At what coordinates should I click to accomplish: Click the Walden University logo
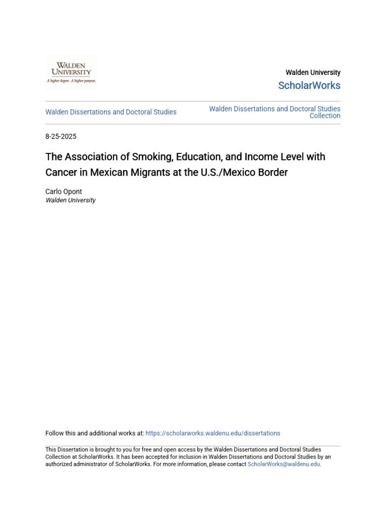(71, 72)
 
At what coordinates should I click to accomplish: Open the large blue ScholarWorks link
(309, 85)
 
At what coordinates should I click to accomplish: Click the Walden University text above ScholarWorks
(313, 72)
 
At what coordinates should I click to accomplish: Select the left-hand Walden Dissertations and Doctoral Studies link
(111, 112)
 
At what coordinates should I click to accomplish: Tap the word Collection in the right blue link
(325, 116)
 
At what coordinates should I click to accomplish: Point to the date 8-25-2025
(61, 137)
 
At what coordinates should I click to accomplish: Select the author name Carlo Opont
(64, 192)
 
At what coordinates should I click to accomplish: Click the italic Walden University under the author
(70, 200)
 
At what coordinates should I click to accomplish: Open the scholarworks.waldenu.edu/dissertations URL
(213, 433)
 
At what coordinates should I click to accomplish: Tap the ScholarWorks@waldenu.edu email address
(283, 464)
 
